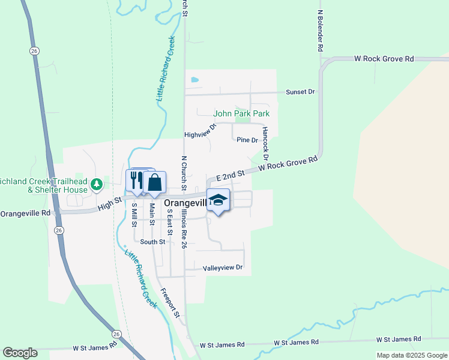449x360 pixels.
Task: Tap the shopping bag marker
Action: (154, 182)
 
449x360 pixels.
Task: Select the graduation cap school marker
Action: (218, 200)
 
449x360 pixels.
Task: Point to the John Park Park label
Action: (242, 113)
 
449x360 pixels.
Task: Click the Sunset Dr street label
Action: (301, 92)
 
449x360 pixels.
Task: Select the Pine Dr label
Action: (247, 140)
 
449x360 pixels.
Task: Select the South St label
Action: (152, 242)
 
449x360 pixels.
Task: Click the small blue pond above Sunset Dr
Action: (194, 79)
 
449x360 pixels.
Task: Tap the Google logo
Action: (20, 353)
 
